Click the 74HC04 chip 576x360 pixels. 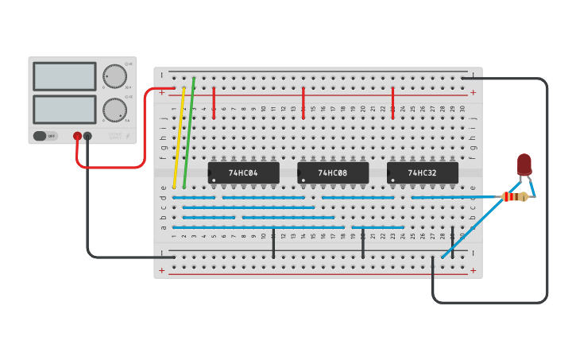[x=243, y=172]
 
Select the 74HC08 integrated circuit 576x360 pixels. [x=333, y=172]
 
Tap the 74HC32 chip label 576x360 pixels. [x=422, y=172]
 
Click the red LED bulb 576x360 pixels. [x=524, y=164]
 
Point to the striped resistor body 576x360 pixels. [x=515, y=196]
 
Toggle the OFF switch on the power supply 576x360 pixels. [x=45, y=136]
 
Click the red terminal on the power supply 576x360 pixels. [x=77, y=136]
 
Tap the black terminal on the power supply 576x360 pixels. [x=87, y=136]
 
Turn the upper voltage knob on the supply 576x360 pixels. [x=114, y=76]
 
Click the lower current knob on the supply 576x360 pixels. [x=114, y=110]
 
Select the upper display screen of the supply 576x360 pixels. [x=64, y=76]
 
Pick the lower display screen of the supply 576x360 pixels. [x=64, y=110]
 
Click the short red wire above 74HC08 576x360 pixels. [x=303, y=103]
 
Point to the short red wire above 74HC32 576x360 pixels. [x=392, y=103]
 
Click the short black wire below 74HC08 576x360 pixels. [x=363, y=243]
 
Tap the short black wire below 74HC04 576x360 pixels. [x=273, y=243]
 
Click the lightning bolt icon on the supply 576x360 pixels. [x=127, y=136]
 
